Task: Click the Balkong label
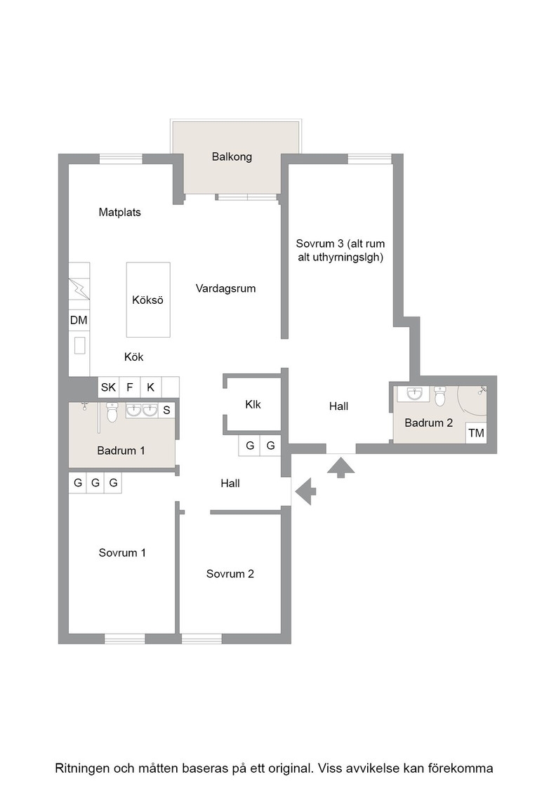[x=232, y=157]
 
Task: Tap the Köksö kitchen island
[x=148, y=299]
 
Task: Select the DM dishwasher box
[x=79, y=320]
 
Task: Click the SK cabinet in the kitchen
[x=108, y=387]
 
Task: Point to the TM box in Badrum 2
[x=476, y=432]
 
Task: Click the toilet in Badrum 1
[x=112, y=412]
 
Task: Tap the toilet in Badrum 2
[x=440, y=396]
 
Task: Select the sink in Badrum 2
[x=414, y=394]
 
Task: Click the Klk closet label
[x=253, y=404]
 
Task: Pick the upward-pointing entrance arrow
[x=341, y=466]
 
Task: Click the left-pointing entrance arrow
[x=305, y=491]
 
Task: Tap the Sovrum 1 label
[x=122, y=552]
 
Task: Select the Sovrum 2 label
[x=230, y=573]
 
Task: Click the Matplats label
[x=120, y=212]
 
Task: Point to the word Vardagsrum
[x=225, y=288]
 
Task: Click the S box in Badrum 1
[x=166, y=410]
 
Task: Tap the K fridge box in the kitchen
[x=150, y=387]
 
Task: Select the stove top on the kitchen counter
[x=79, y=288]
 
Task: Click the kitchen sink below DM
[x=79, y=345]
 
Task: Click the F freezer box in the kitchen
[x=130, y=387]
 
